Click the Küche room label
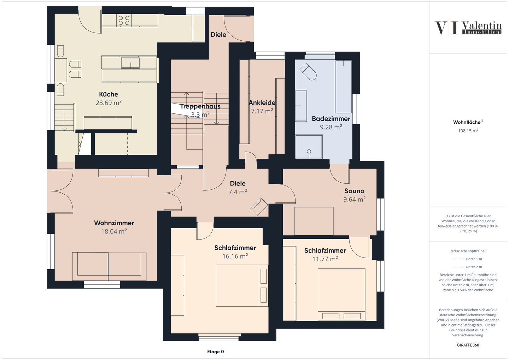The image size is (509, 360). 109,94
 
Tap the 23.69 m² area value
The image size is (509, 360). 109,103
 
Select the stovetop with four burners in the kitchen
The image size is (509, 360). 124,20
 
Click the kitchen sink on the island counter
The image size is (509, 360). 130,63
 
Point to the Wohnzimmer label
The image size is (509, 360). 114,223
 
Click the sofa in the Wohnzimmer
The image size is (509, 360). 109,264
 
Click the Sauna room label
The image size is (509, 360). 354,191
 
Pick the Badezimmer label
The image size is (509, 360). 331,119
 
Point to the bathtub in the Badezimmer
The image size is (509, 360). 344,87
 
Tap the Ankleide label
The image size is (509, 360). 262,103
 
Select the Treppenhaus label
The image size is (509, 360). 200,106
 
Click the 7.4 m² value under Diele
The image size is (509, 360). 238,192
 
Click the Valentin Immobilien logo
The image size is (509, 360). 468,28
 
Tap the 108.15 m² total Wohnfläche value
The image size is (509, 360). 468,131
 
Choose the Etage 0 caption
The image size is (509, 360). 215,352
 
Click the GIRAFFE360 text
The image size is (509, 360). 468,345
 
